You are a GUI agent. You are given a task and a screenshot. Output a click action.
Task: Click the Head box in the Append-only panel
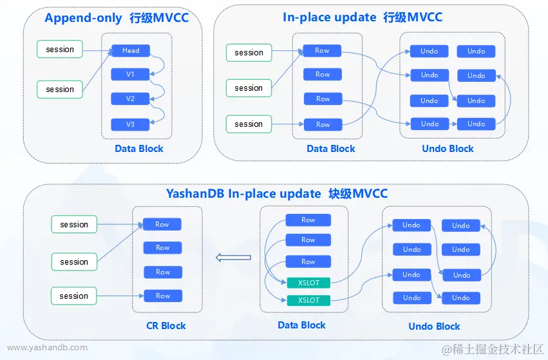coord(130,50)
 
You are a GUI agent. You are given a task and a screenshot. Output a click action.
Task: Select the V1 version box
coord(130,74)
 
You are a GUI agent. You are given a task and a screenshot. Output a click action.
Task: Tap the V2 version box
coord(130,99)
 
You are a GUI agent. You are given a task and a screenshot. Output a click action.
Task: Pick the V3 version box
coord(130,124)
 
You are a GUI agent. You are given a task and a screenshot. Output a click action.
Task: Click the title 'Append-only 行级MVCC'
coord(117,17)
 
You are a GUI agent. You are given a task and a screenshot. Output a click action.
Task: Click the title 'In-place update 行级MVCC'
coord(363,17)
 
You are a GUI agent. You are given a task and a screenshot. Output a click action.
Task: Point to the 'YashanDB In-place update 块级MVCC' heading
coord(277,193)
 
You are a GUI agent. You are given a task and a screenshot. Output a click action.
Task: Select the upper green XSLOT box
coord(308,282)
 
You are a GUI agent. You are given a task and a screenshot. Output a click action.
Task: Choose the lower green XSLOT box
coord(308,300)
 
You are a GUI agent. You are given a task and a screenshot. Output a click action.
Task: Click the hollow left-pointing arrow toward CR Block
coord(232,258)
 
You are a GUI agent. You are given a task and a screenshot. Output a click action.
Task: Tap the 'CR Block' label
coord(166,326)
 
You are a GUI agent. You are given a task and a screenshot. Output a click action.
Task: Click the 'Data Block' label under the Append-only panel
coord(139,149)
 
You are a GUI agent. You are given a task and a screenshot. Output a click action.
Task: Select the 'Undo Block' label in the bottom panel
coord(434,327)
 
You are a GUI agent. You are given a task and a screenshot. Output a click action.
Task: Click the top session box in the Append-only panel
coord(60,50)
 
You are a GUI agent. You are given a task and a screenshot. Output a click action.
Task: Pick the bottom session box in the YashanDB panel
coord(74,296)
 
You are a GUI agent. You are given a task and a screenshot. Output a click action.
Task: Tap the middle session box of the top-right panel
coord(249,88)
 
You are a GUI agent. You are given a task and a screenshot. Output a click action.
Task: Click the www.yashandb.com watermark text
coord(48,348)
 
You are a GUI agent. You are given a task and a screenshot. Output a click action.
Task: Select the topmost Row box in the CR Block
coord(162,224)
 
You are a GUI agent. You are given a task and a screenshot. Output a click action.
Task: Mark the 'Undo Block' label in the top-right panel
coord(448,149)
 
